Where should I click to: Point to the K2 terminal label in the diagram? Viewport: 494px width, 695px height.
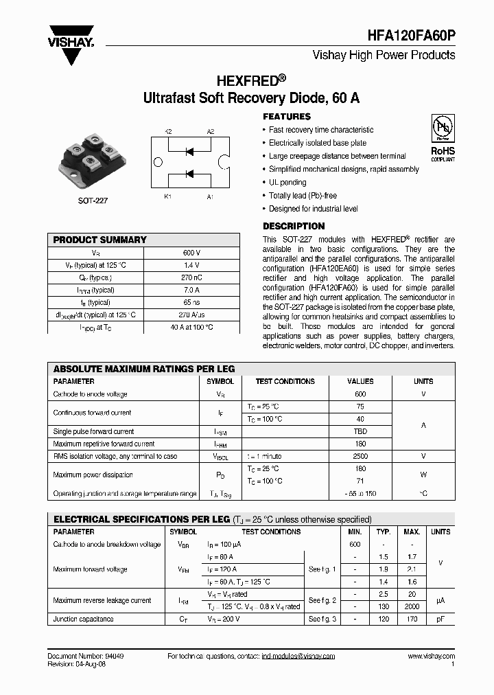pos(168,132)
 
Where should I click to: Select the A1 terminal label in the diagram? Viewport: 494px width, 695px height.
pos(210,197)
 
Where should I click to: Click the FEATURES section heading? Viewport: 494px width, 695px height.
pos(287,117)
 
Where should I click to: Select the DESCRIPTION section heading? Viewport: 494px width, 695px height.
pos(294,226)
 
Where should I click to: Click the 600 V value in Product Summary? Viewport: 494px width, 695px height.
pos(193,253)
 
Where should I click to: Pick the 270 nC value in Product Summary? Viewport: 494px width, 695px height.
pos(193,277)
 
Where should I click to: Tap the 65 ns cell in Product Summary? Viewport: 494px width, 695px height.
pos(193,302)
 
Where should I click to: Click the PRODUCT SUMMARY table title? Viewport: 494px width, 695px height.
pos(100,240)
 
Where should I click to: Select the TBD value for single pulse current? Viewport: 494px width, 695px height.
pos(360,431)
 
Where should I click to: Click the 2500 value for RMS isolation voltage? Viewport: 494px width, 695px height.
pos(360,456)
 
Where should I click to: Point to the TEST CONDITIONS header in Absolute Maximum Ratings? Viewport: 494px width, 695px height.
pos(285,381)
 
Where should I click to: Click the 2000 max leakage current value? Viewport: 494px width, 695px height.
pos(412,606)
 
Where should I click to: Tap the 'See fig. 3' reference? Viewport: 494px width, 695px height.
pos(322,619)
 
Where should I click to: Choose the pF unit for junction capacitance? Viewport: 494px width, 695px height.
pos(440,619)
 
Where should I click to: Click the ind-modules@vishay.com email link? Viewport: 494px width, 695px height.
pos(298,657)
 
